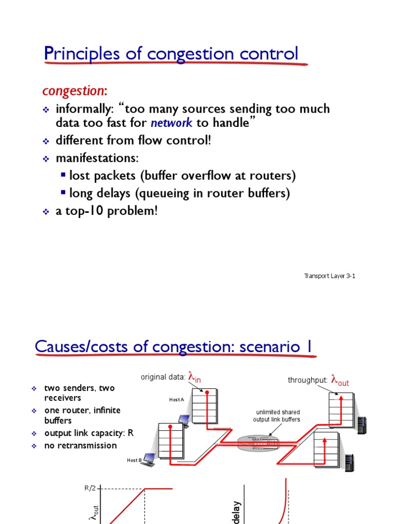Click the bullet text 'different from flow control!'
click(133, 140)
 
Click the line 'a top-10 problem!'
click(106, 211)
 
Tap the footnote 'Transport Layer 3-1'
click(330, 276)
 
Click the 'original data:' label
click(163, 377)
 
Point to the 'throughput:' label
click(307, 380)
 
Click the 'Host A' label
click(176, 400)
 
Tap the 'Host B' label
click(134, 460)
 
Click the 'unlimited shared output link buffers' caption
click(276, 416)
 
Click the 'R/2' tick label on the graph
click(90, 488)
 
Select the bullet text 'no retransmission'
click(80, 445)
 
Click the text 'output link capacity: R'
click(89, 433)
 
